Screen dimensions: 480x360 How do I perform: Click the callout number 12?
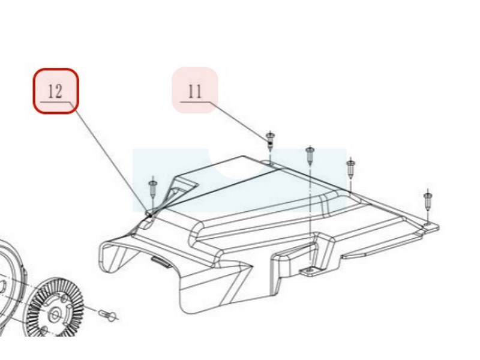(55, 91)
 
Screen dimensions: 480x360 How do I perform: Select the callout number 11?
(195, 91)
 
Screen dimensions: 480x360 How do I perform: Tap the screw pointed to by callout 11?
(270, 141)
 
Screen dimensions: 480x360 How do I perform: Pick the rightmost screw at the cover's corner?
(428, 200)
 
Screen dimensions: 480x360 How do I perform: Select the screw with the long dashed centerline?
(310, 155)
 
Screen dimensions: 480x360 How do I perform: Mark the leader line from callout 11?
(239, 121)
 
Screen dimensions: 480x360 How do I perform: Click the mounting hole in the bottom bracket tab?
(310, 271)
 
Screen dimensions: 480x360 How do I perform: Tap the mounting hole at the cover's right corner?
(427, 224)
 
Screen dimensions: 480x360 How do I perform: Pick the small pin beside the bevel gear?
(107, 316)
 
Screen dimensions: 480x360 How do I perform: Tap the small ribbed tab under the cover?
(161, 262)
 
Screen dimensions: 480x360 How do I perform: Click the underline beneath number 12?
(55, 102)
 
